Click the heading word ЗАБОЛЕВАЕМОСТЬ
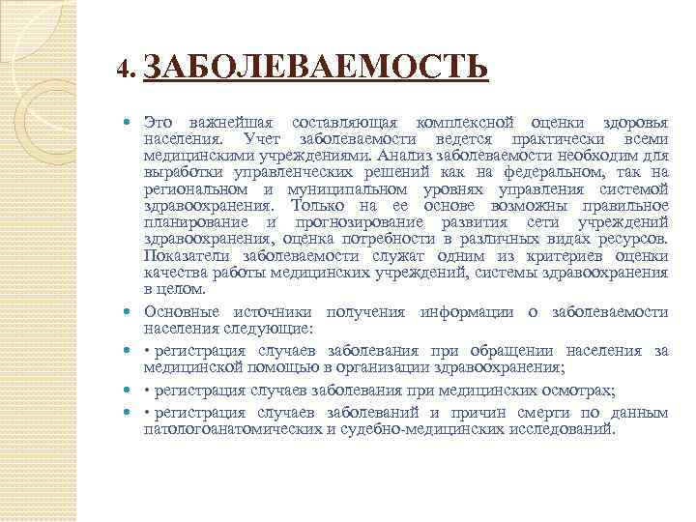click(320, 70)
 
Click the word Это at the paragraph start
click(159, 124)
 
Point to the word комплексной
click(463, 124)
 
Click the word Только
click(323, 206)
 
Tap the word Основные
click(180, 311)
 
